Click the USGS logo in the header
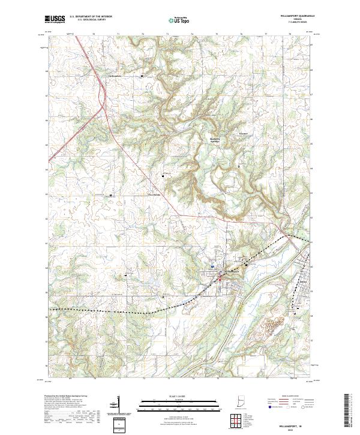tap(55, 19)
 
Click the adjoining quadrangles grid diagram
tap(233, 420)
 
